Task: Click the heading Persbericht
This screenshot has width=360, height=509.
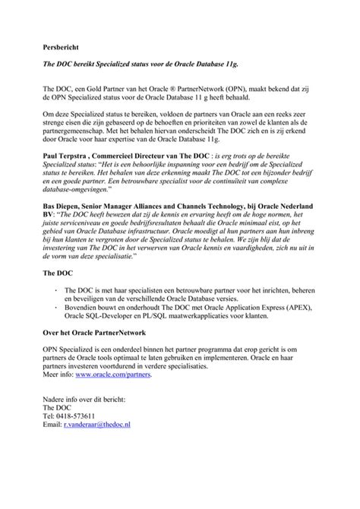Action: [x=63, y=46]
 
